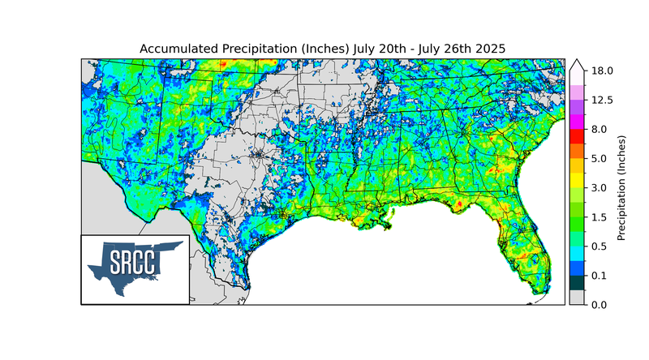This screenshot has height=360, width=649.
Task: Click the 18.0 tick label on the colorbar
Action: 601,71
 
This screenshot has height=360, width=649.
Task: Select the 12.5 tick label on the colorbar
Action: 601,100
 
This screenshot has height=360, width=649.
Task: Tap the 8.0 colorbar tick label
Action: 599,129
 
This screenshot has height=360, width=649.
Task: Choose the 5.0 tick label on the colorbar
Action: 599,158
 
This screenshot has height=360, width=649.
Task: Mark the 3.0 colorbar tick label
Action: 599,187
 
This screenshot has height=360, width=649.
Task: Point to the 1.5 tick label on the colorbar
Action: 599,216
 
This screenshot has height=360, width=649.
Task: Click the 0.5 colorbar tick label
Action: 599,246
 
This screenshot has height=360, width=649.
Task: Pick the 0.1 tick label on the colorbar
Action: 599,275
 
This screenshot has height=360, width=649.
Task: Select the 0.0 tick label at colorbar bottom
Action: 599,304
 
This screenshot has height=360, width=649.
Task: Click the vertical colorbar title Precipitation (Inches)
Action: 621,187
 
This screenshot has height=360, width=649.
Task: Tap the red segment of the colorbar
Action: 577,136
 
